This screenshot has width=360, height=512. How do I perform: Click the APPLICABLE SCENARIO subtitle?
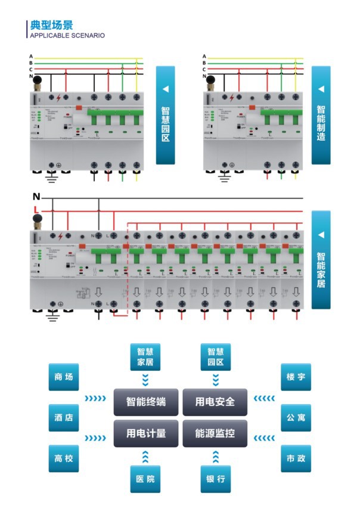[x=67, y=36]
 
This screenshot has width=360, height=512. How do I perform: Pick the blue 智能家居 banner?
[x=321, y=259]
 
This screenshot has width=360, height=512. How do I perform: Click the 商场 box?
[x=63, y=377]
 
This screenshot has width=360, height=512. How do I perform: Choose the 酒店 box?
[x=63, y=418]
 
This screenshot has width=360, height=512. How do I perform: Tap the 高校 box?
[x=63, y=458]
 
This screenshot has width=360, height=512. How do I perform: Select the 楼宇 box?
[x=296, y=377]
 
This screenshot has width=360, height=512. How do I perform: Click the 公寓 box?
[x=296, y=418]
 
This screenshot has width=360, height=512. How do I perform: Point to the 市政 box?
[x=296, y=458]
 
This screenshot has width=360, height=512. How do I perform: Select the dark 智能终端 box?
[x=146, y=402]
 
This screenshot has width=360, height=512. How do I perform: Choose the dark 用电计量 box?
[x=146, y=433]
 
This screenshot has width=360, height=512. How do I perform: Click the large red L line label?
[x=36, y=210]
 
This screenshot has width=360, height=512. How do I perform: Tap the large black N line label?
[x=36, y=197]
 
